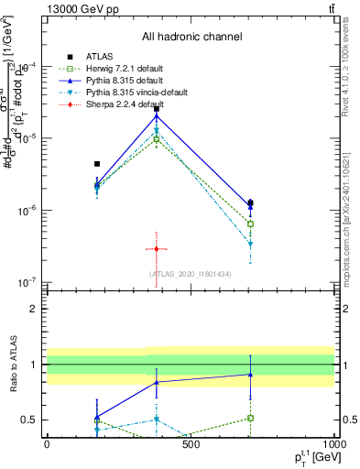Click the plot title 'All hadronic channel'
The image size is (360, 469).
191,38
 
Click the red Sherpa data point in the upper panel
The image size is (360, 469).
157,249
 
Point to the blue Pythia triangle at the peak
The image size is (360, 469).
157,115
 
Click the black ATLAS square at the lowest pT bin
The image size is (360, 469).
97,164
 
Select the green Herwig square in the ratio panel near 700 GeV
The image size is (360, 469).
250,418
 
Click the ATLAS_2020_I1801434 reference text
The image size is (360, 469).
191,274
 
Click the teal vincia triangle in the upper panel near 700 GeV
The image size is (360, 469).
250,245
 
